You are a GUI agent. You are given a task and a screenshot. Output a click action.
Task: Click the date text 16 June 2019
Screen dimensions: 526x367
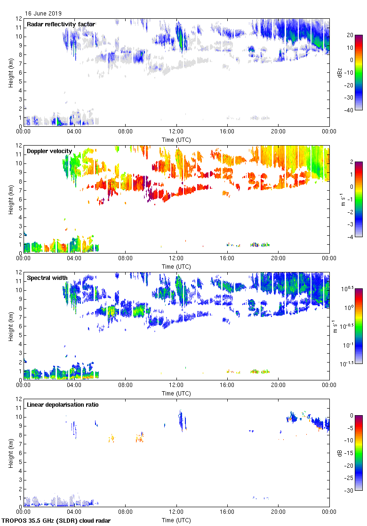[x=43, y=14]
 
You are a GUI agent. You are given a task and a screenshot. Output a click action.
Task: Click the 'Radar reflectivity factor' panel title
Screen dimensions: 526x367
[x=61, y=24]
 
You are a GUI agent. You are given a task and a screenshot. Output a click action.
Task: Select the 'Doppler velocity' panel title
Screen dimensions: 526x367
[x=49, y=151]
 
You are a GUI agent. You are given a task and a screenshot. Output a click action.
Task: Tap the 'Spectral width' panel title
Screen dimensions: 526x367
[x=47, y=278]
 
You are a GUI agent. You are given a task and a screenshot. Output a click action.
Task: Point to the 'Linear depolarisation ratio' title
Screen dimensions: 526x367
[x=63, y=405]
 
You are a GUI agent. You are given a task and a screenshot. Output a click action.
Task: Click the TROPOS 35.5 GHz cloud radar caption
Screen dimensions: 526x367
[x=56, y=521]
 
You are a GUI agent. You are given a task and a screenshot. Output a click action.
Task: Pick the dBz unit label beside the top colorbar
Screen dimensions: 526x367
[x=340, y=73]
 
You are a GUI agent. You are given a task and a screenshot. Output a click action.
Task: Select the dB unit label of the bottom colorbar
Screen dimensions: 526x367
[x=340, y=453]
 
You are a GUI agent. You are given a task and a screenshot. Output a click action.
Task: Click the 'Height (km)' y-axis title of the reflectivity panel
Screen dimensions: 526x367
[x=10, y=73]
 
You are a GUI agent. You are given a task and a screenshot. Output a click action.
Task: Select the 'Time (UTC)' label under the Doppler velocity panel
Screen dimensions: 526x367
[x=176, y=266]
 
